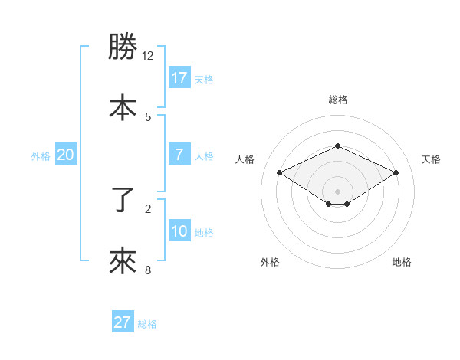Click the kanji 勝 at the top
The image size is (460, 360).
pos(123,47)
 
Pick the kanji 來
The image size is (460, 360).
pos(123,261)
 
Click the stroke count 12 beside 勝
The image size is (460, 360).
pos(148,56)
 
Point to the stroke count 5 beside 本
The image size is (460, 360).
pos(148,116)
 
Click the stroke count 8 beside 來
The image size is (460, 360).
pos(148,270)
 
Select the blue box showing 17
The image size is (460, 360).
pos(179,77)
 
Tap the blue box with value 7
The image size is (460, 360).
pos(179,154)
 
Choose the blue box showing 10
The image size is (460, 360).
pos(179,231)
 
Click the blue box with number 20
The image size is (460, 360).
pos(65,155)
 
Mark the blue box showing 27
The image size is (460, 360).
pos(122,322)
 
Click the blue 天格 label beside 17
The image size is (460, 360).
pos(204,79)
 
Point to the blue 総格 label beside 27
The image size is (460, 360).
pos(147,324)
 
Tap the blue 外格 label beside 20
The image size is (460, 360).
pos(41,156)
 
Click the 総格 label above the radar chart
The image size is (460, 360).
pos(337,100)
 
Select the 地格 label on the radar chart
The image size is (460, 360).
pos(402,262)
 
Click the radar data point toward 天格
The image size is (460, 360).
pos(396,172)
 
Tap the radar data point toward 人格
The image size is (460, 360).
pos(279,172)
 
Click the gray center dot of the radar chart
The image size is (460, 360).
pos(337,191)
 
